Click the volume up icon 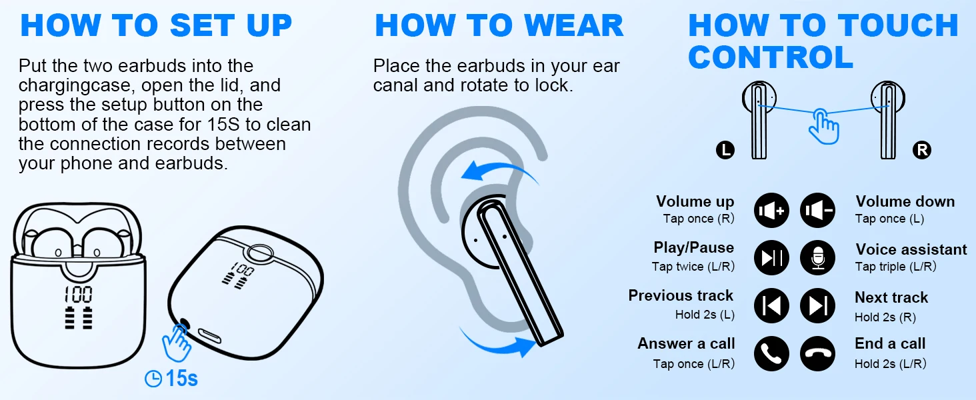click(x=771, y=211)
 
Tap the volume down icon click(x=818, y=211)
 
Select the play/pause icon click(x=771, y=257)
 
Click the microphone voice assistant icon click(x=818, y=257)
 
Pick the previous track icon click(x=771, y=305)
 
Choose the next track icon click(x=818, y=305)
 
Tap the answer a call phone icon click(x=771, y=353)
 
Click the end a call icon click(x=818, y=353)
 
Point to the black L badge click(x=725, y=150)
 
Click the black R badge click(x=922, y=150)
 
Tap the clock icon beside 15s click(x=153, y=379)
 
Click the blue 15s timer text click(x=182, y=378)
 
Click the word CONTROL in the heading click(x=771, y=57)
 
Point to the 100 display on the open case click(x=79, y=295)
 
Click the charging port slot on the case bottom click(x=210, y=336)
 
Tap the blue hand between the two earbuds click(x=823, y=127)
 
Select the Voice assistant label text click(x=911, y=249)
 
